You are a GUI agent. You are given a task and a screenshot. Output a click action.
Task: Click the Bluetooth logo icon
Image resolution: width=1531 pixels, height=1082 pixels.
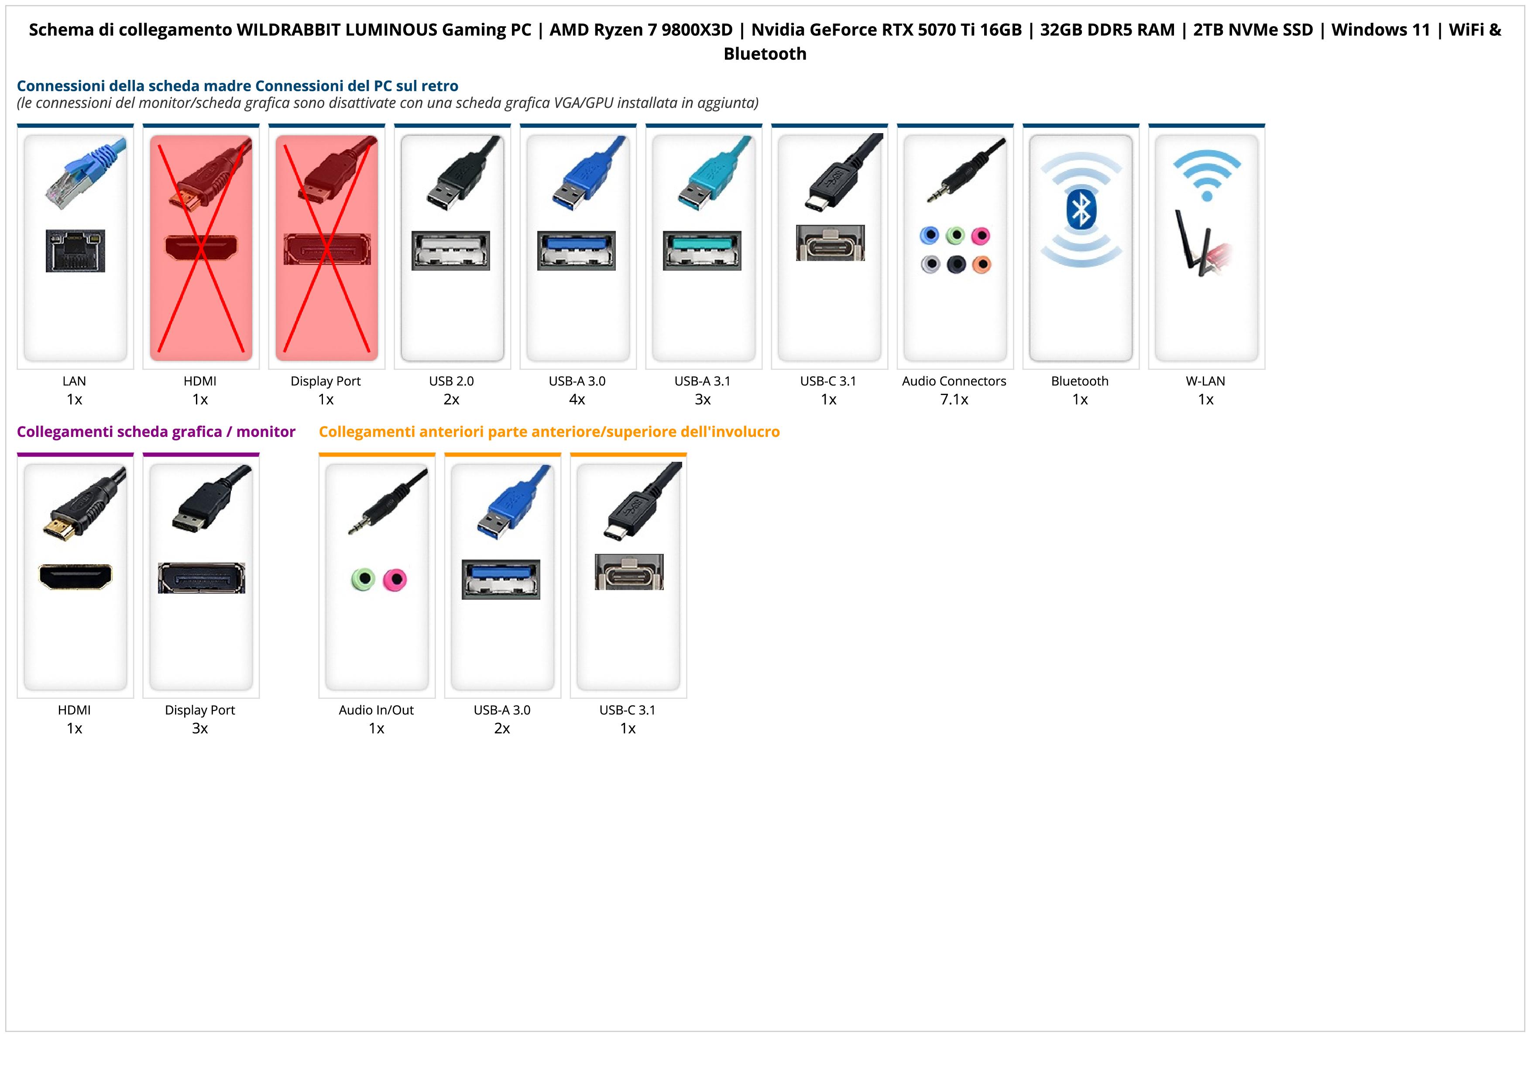1080,210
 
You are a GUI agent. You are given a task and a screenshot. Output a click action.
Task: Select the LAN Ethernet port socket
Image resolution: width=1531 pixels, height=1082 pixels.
76,251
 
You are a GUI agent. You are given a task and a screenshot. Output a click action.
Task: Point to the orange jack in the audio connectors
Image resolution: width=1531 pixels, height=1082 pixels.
982,264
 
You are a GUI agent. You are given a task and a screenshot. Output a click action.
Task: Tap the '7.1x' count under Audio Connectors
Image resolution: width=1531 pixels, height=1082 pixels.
954,399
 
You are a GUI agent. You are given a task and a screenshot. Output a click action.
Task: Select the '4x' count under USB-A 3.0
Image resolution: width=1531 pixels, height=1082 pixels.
577,399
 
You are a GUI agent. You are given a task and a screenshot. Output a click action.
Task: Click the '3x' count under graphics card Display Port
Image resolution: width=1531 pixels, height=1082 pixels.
200,728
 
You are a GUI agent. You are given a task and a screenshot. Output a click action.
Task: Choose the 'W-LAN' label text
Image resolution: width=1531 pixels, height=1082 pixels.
1205,381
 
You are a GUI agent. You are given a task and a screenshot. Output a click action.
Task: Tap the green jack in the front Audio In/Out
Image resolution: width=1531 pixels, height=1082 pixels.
363,579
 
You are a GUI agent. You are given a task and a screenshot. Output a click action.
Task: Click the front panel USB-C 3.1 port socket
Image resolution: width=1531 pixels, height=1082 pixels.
629,572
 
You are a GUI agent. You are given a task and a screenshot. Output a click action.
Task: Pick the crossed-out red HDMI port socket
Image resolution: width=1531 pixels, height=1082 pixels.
201,248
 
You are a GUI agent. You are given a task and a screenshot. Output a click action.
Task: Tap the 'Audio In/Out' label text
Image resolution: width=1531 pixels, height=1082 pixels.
376,710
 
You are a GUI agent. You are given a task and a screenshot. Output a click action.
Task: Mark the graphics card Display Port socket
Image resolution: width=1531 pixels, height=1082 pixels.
201,578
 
